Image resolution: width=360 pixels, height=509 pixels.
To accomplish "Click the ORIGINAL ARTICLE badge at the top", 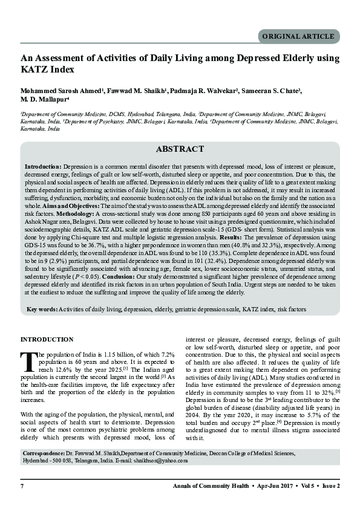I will pyautogui.click(x=298, y=36).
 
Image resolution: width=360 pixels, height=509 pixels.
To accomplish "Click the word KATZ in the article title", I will pyautogui.click(x=34, y=70).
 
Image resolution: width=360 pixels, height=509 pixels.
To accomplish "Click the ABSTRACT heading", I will pyautogui.click(x=180, y=149).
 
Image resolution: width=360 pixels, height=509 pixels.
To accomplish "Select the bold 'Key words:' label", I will pyautogui.click(x=42, y=309).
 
